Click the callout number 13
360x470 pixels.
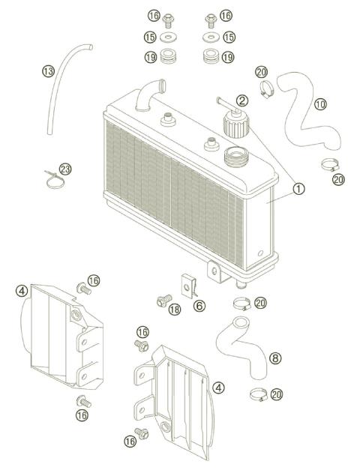[x=49, y=71]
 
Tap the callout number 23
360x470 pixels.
[x=65, y=169]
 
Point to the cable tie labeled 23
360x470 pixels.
[x=51, y=178]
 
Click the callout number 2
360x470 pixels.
[x=241, y=100]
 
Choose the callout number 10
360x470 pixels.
[x=320, y=104]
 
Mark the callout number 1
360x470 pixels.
[x=298, y=189]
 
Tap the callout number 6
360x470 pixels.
[x=199, y=306]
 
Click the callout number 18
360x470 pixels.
[x=174, y=310]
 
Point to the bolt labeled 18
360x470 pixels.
[x=160, y=301]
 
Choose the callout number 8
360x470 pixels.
[x=275, y=358]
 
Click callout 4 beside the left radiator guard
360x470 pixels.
[x=22, y=290]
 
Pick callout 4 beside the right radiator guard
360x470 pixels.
[x=218, y=388]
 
